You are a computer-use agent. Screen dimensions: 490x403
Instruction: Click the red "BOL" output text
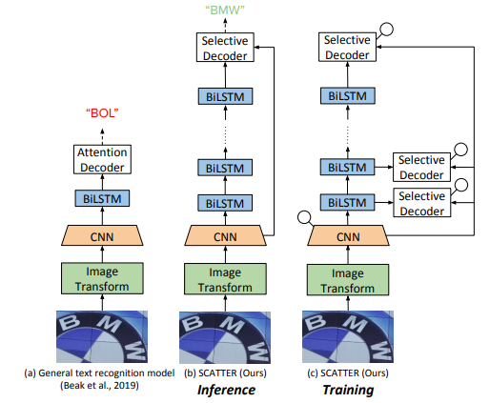point(102,113)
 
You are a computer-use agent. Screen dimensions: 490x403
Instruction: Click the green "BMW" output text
point(225,10)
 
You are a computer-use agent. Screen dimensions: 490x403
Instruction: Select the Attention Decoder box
point(102,159)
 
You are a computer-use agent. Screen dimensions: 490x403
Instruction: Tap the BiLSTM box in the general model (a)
point(102,198)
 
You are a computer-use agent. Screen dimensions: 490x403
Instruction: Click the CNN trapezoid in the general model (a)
point(102,235)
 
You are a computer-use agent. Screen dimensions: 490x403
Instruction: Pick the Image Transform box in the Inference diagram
point(225,279)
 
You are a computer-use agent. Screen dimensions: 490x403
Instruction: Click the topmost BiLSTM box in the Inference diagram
point(225,96)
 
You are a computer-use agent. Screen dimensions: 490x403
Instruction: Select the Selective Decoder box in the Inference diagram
point(225,48)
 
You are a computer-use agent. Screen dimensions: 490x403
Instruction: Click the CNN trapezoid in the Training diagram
point(348,235)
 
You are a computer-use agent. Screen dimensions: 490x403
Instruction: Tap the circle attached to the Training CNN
point(304,217)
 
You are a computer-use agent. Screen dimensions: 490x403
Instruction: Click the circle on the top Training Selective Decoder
point(387,30)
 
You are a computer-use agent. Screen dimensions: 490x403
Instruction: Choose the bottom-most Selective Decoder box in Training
point(421,203)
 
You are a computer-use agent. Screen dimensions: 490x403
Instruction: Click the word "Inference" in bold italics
point(226,390)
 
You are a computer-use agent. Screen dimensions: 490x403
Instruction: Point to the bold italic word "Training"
point(348,390)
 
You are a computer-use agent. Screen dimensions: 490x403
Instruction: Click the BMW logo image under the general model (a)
point(102,336)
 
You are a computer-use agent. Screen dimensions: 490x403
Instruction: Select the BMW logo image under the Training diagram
point(348,336)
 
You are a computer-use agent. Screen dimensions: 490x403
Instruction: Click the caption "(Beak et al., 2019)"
point(99,386)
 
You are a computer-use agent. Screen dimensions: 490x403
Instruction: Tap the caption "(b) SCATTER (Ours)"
point(225,373)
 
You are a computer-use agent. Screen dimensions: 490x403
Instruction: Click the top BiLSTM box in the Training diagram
point(348,95)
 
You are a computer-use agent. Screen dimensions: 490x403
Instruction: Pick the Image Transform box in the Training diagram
point(348,280)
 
